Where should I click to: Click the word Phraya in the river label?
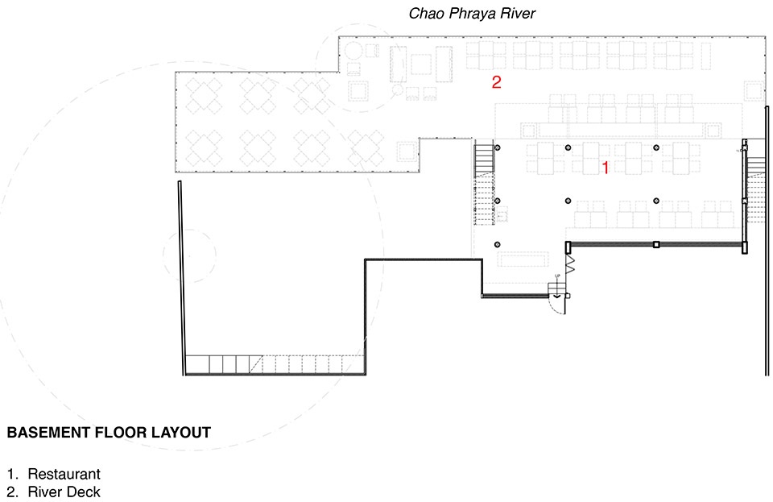click(473, 14)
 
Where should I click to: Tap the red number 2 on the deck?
click(497, 82)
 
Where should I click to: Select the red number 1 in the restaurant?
click(606, 168)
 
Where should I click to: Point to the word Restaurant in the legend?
click(64, 474)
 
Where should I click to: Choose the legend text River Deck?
click(64, 492)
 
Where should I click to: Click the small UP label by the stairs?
click(557, 276)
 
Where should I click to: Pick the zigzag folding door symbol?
click(570, 263)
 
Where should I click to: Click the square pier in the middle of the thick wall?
click(656, 244)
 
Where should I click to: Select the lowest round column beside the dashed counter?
click(498, 245)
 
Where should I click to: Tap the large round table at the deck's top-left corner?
click(353, 52)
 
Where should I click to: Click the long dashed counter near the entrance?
click(523, 259)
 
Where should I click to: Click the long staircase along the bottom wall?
click(274, 365)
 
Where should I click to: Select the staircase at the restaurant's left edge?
click(485, 182)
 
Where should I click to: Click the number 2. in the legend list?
click(13, 492)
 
